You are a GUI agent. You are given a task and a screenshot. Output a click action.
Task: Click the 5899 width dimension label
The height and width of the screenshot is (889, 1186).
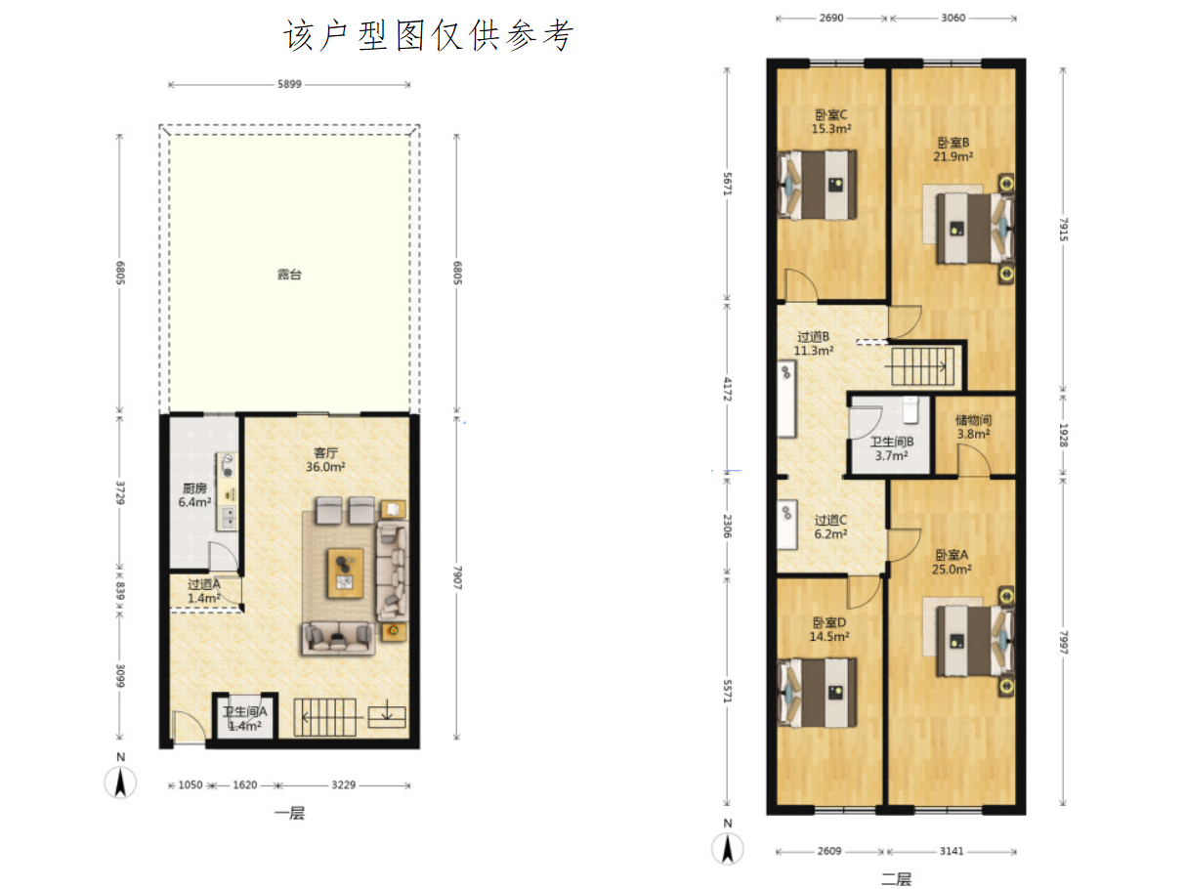(289, 84)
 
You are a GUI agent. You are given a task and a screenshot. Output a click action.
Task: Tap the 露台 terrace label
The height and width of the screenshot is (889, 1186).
(289, 275)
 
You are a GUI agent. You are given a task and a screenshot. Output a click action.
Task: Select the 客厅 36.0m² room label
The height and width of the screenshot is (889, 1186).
(325, 460)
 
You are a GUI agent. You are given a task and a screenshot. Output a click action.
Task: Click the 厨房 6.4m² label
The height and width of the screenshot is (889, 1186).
(194, 495)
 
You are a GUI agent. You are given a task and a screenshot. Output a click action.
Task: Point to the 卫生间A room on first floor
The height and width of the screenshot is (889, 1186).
(245, 719)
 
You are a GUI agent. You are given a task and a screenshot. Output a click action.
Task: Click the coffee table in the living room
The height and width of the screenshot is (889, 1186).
(345, 573)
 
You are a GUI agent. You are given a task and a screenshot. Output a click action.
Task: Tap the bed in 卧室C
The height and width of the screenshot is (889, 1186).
(817, 185)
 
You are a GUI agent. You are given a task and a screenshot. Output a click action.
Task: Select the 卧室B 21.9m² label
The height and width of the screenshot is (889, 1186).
(953, 149)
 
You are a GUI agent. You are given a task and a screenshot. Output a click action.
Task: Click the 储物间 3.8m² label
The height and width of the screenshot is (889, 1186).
(973, 427)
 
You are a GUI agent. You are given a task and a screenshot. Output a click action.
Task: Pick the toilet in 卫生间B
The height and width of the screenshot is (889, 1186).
(911, 410)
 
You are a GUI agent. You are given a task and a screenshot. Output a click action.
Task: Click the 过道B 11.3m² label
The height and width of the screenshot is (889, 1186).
(813, 344)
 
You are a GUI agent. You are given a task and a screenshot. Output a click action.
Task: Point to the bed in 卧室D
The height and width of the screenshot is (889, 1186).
(817, 693)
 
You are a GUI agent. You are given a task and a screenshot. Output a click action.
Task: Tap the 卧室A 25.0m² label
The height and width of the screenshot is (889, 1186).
(952, 563)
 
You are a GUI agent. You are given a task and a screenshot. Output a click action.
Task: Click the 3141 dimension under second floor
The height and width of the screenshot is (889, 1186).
(951, 851)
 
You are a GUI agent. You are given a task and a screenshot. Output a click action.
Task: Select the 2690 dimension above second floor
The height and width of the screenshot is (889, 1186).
(831, 18)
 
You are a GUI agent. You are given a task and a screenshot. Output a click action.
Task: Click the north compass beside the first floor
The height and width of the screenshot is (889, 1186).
(120, 783)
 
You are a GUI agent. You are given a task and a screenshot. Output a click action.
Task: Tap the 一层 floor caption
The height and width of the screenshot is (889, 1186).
(289, 813)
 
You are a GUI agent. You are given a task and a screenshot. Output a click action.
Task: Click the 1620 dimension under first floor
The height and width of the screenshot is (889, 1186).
(245, 784)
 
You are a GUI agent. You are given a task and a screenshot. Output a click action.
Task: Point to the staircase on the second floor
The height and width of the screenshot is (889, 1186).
(922, 366)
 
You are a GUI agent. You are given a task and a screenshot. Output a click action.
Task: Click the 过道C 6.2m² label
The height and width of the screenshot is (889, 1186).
(830, 528)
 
